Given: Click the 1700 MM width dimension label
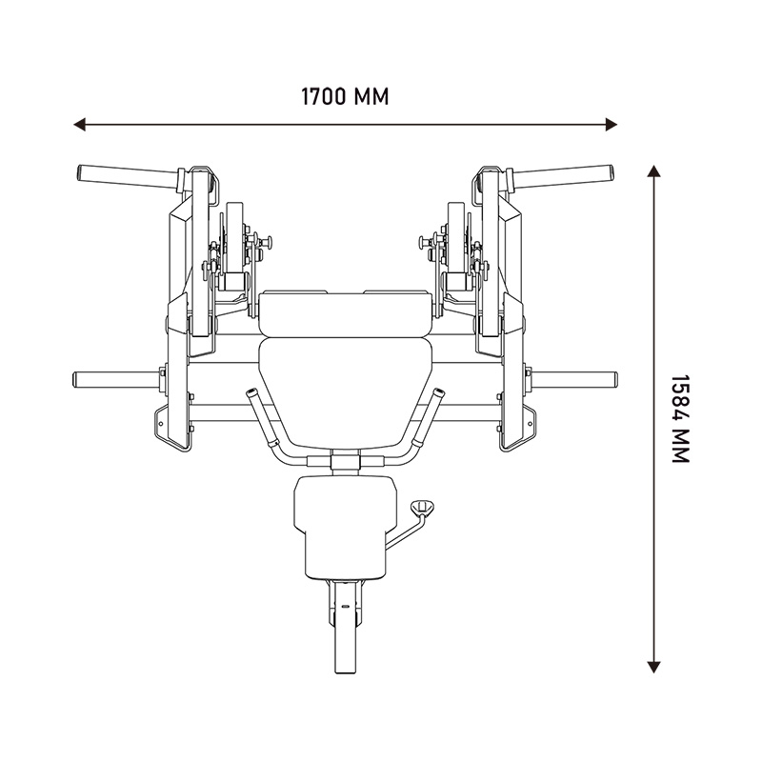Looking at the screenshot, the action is point(345,97).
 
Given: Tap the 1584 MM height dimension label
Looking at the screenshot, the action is point(680,418).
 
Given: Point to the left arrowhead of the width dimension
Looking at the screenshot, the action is point(79,125).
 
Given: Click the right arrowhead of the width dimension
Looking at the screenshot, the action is point(612,125).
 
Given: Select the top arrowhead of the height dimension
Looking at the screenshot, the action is point(653,170).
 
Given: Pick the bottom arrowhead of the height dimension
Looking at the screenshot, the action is point(653,667).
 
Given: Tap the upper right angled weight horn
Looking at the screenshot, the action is point(562,177).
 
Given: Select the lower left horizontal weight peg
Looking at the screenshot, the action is point(115,379).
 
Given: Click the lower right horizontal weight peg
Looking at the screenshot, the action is point(575,379).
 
